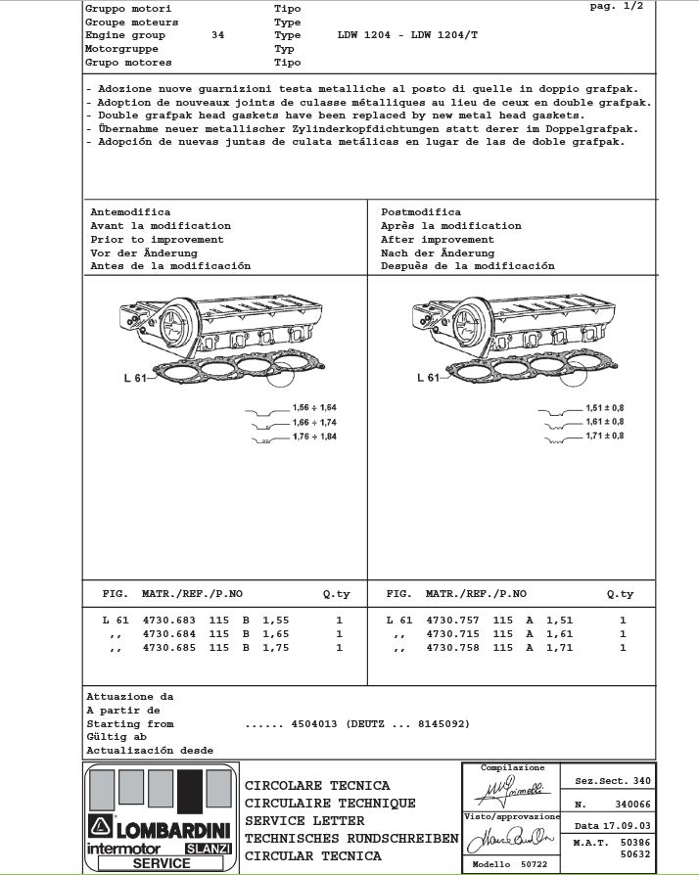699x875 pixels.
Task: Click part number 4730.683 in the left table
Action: [169, 621]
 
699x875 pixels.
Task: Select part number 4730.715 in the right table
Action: [452, 634]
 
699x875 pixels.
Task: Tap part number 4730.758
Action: [452, 648]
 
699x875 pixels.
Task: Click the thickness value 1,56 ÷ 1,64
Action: [314, 407]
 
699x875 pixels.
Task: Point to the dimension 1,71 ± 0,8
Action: [604, 436]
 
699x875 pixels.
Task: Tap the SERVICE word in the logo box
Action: [162, 863]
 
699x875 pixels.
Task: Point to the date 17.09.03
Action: [626, 826]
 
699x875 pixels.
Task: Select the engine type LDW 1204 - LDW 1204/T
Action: [407, 34]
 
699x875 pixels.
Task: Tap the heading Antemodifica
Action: [130, 211]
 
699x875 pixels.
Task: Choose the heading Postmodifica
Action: [421, 211]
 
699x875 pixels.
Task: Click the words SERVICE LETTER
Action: [304, 820]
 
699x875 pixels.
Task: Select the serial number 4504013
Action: [314, 723]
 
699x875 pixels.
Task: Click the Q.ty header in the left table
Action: [337, 594]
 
